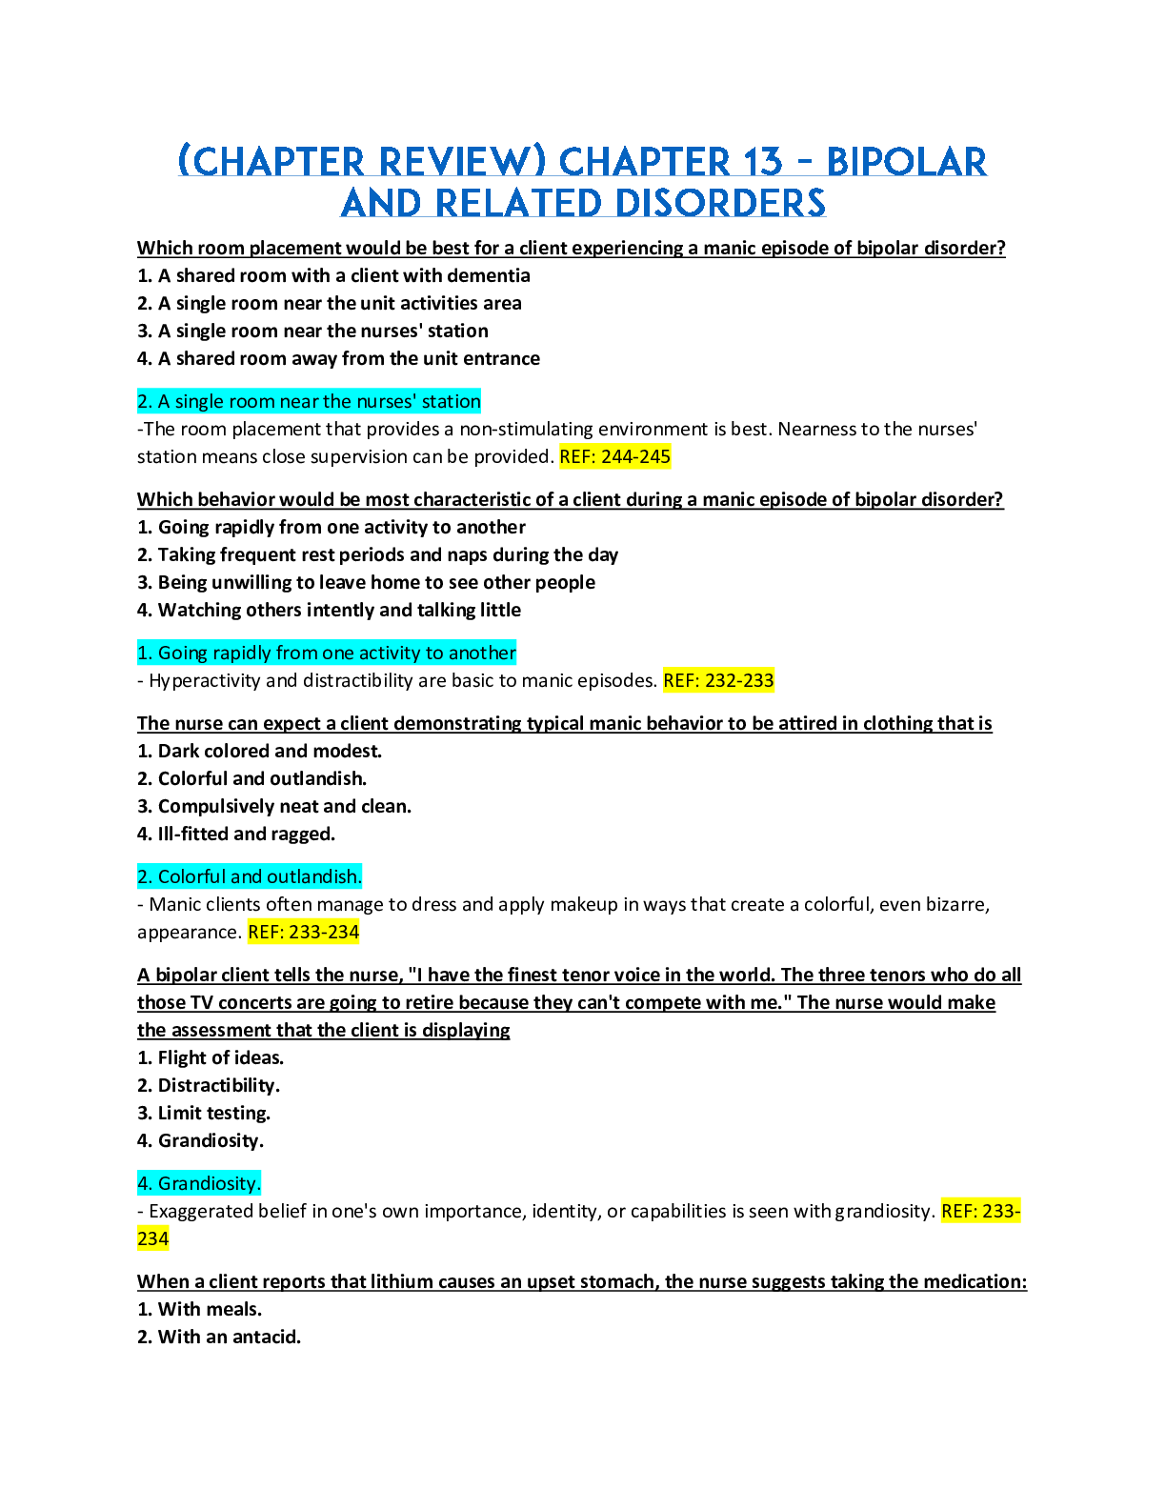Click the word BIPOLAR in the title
coord(906,163)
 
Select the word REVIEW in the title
coord(461,163)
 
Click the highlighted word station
coord(451,402)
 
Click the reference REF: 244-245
coord(615,457)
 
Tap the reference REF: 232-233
coord(719,681)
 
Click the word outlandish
coord(313,877)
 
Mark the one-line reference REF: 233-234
coord(304,933)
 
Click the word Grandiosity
coord(209,1184)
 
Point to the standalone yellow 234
coord(153,1239)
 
